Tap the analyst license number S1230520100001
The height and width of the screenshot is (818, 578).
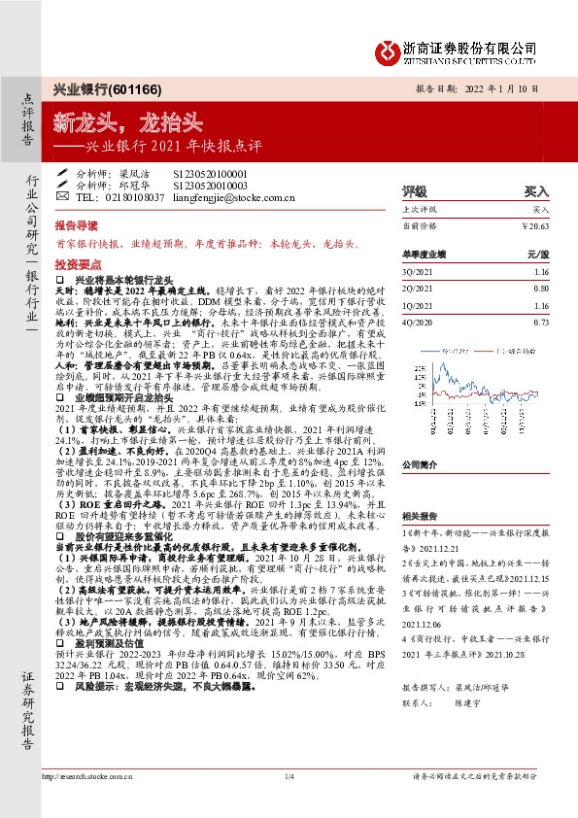tap(211, 171)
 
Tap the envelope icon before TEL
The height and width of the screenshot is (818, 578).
tap(63, 196)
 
